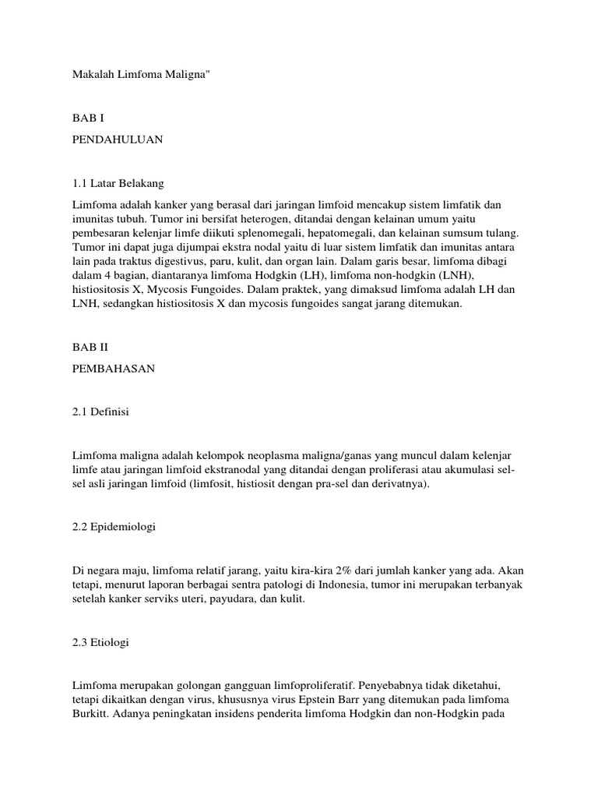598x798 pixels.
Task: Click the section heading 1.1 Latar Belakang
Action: click(x=117, y=184)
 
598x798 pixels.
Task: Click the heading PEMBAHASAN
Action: click(x=114, y=369)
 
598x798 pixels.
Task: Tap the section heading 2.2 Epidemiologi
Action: click(x=114, y=527)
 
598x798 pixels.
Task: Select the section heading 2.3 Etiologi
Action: click(x=100, y=644)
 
